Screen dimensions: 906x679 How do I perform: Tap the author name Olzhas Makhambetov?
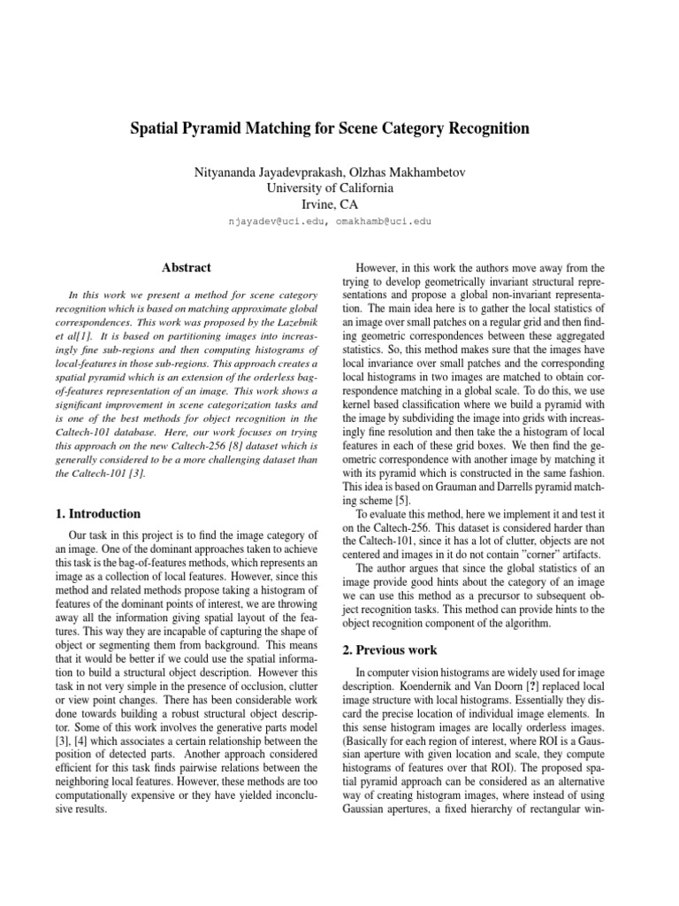click(x=421, y=169)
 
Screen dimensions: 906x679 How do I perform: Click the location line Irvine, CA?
click(x=339, y=204)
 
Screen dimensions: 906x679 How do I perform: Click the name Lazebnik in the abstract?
click(x=289, y=315)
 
